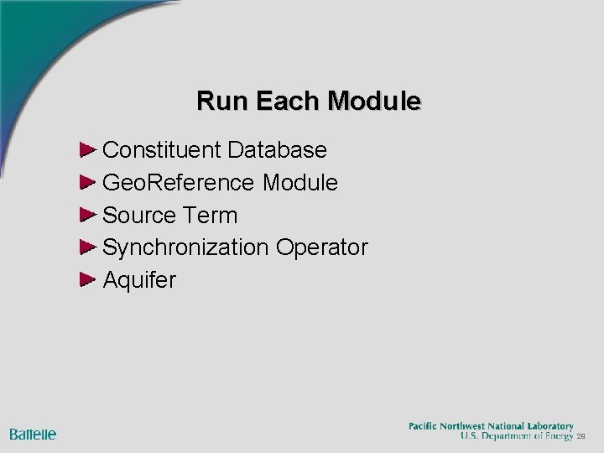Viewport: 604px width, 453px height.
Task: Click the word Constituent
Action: tap(162, 150)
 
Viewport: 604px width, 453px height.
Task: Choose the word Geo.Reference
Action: tap(180, 182)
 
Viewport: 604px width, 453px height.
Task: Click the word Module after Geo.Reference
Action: tap(300, 182)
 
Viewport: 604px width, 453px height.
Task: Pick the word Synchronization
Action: tap(185, 247)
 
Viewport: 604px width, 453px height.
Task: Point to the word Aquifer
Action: tap(139, 279)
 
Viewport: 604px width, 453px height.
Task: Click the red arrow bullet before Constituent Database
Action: tap(89, 150)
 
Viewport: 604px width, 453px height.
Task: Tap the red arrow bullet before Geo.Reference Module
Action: tap(89, 182)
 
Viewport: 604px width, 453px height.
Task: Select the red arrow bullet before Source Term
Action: tap(89, 215)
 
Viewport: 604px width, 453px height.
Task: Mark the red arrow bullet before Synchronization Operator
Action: tap(89, 247)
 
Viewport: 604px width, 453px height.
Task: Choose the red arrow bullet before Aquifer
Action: tap(89, 279)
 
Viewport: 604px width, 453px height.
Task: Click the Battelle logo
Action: tap(33, 434)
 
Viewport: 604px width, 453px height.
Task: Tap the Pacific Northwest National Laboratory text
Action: tap(491, 425)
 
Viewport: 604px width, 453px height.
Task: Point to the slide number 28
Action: tap(581, 437)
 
